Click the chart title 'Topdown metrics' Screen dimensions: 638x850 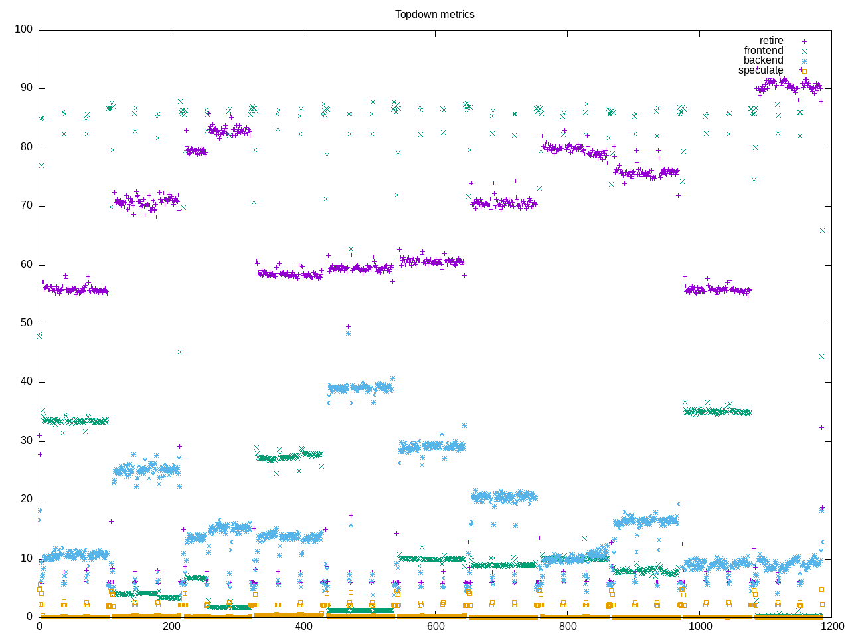(434, 14)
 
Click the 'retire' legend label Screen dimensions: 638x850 (771, 41)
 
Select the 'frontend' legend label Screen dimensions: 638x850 (763, 51)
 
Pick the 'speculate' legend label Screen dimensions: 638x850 (760, 70)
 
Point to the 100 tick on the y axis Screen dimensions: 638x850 (23, 29)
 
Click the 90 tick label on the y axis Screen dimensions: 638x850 (26, 88)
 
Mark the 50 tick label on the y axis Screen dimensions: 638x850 (26, 323)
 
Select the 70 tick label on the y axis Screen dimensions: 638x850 (26, 206)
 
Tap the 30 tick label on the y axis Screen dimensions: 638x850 (26, 441)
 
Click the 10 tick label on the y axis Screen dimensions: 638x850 (26, 558)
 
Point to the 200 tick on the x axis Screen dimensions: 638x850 (171, 626)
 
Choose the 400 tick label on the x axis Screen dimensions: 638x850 (303, 626)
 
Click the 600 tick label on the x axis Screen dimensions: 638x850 (436, 626)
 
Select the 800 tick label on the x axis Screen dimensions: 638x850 (568, 626)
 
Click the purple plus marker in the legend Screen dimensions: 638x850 (804, 41)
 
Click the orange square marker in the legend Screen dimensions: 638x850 (804, 71)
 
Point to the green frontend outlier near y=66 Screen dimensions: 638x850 (822, 230)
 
